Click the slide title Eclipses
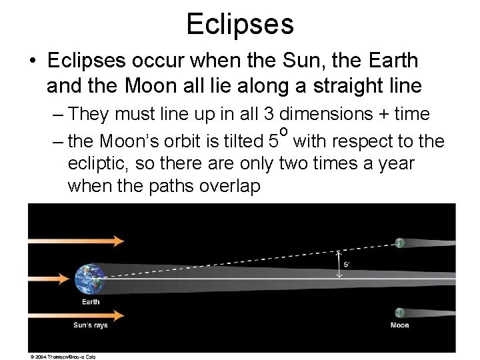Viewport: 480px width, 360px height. point(240,23)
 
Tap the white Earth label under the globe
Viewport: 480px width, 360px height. point(91,302)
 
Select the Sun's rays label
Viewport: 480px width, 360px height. point(91,325)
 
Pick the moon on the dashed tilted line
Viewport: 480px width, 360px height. point(399,243)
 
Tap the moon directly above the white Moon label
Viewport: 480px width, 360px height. point(399,313)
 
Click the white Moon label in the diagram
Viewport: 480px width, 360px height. point(399,325)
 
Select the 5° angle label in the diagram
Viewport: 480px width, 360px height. point(347,265)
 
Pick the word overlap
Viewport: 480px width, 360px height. point(229,186)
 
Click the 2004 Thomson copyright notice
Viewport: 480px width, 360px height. point(63,357)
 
